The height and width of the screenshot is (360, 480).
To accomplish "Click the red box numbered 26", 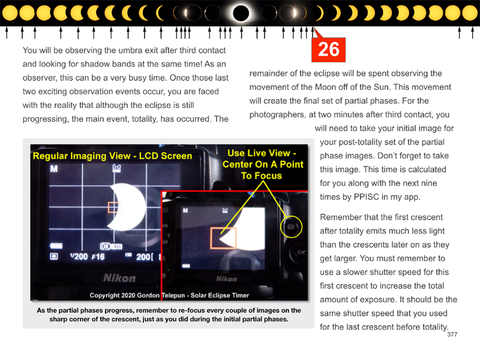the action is tap(328, 50).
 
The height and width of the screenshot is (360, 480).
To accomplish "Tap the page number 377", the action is tap(452, 335).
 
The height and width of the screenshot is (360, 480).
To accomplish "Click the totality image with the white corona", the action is tap(241, 13).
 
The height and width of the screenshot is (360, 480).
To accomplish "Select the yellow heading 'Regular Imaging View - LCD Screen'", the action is tap(112, 156).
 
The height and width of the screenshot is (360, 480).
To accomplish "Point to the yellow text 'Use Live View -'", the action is tap(262, 153).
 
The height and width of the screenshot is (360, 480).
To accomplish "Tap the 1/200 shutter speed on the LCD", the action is tap(79, 257).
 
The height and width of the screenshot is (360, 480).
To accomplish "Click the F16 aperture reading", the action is tap(98, 257).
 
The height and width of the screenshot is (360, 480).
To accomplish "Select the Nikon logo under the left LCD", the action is tap(119, 278).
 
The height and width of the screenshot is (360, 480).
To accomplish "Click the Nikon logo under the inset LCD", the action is tap(226, 279).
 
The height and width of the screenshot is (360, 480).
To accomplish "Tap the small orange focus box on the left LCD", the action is tap(114, 207).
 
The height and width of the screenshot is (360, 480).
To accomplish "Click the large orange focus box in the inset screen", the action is tap(223, 238).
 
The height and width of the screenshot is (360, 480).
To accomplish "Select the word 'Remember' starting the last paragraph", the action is tap(339, 217).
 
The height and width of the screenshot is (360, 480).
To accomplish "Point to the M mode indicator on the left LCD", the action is tap(54, 169).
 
